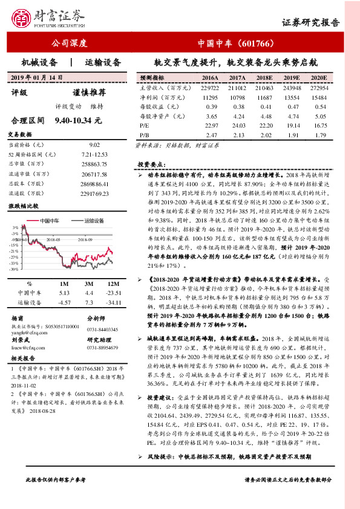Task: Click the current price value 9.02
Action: tap(94, 145)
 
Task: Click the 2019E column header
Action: tap(292, 79)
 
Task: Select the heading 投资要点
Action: tap(151, 164)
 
